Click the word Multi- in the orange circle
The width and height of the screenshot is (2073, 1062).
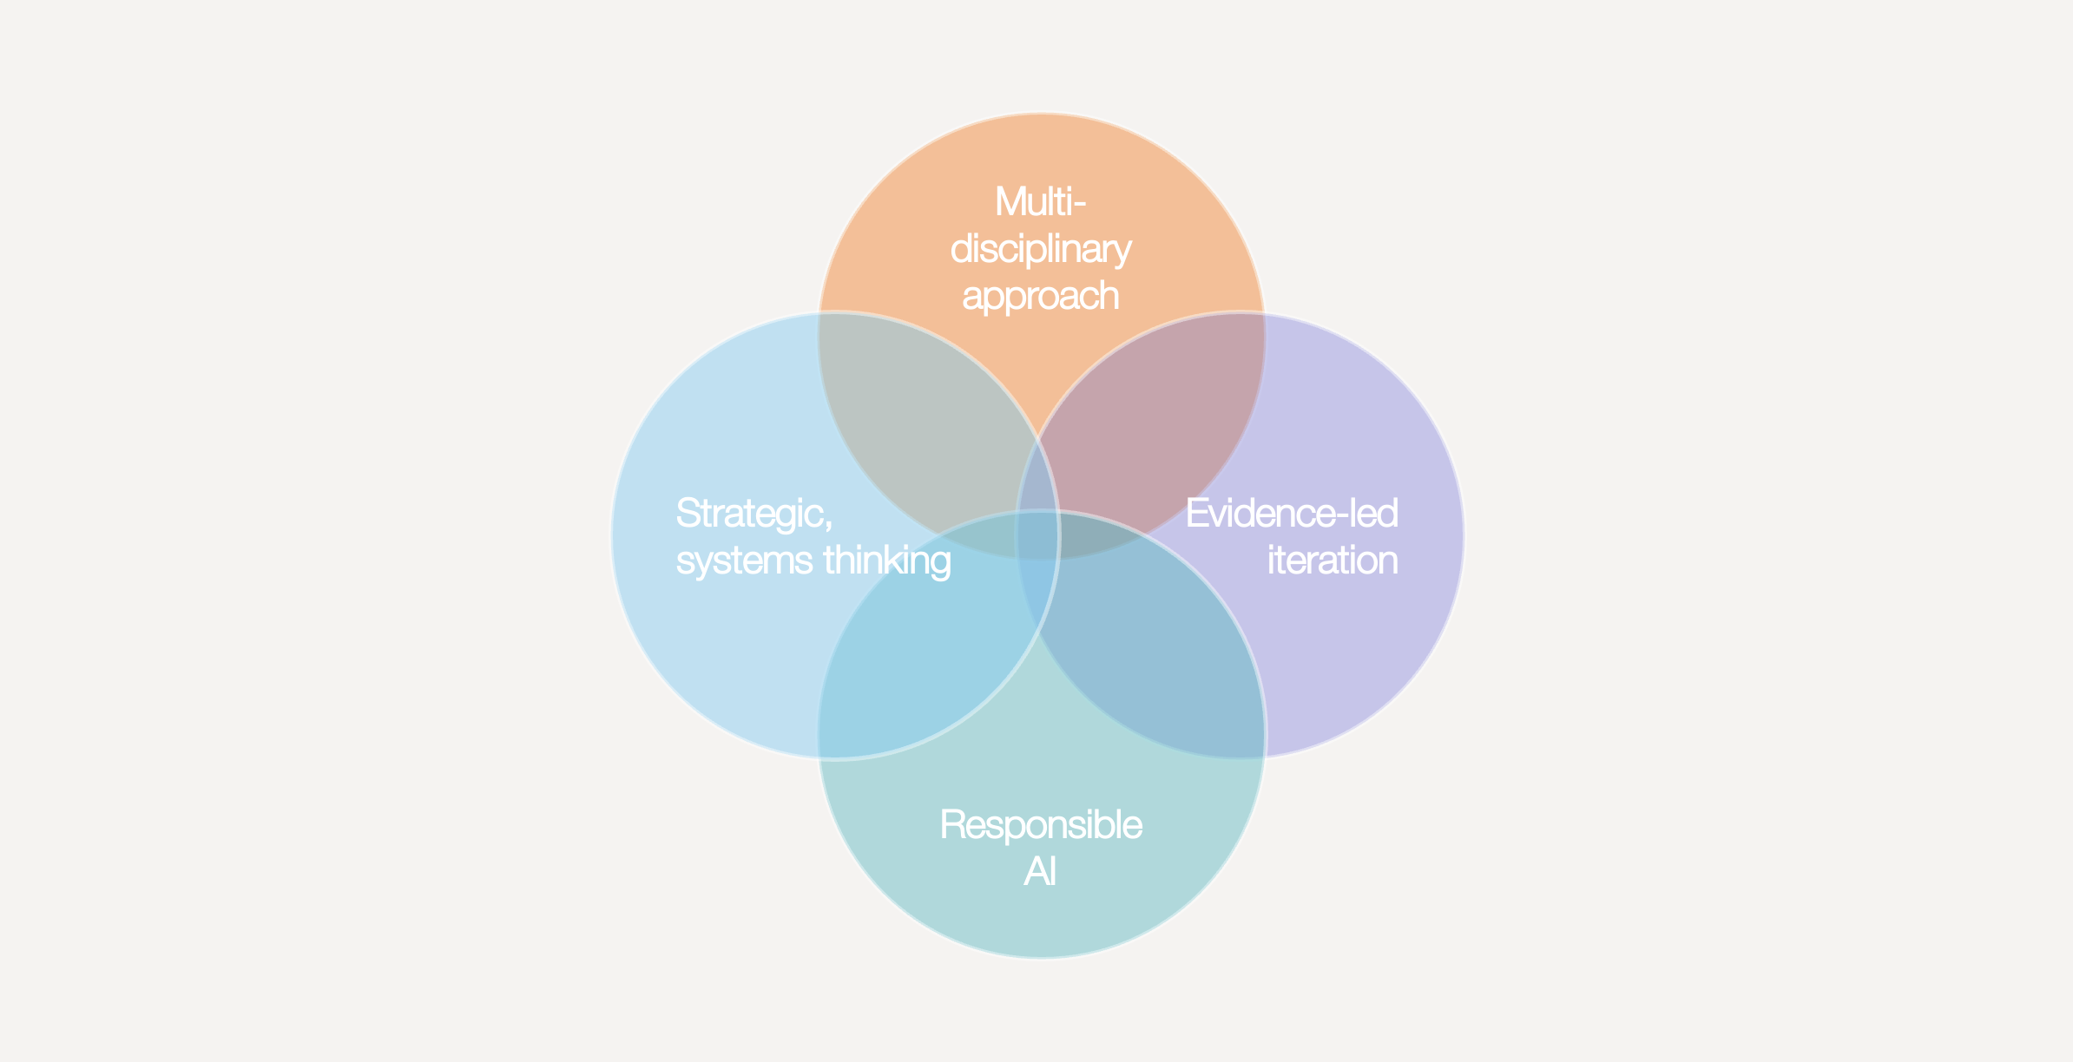click(x=1040, y=202)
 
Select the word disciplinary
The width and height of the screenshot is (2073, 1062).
click(x=1040, y=251)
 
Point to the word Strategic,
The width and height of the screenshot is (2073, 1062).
click(x=754, y=515)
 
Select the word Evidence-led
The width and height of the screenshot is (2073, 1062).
click(x=1292, y=513)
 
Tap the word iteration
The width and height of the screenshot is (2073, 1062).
click(x=1333, y=560)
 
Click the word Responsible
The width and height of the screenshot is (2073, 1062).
click(x=1041, y=825)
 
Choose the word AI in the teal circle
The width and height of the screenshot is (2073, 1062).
click(x=1040, y=871)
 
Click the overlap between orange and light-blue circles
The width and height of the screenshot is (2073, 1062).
click(x=920, y=416)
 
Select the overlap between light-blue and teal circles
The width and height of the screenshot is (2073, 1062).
click(x=920, y=651)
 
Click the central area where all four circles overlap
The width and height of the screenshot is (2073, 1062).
click(x=1039, y=534)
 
